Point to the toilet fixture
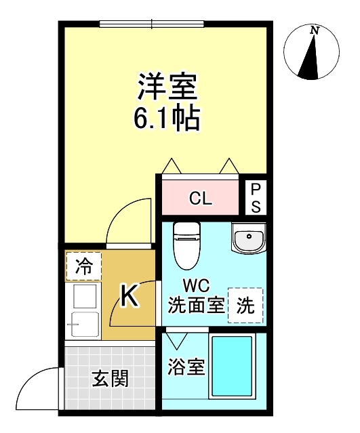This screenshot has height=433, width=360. coord(184,245)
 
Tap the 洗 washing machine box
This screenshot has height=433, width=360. coord(245,305)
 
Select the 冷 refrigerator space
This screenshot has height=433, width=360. coord(83,266)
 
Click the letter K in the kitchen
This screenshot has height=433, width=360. coord(129,296)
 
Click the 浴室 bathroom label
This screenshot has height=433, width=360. coord(186,368)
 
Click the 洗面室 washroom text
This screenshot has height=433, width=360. coord(196,305)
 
